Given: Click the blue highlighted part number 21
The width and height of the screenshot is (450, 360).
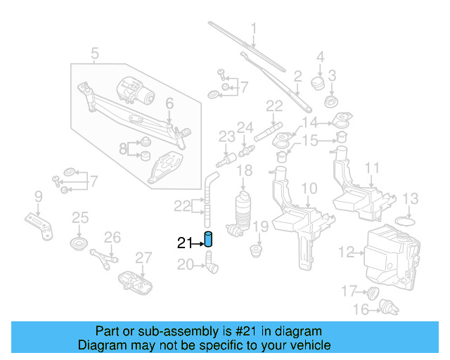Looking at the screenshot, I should click(208, 239).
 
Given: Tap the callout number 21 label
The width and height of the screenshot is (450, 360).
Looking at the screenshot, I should click(184, 243).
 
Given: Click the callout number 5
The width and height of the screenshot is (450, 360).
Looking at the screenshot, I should click(95, 52).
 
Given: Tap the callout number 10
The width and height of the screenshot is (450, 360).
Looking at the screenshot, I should click(309, 188).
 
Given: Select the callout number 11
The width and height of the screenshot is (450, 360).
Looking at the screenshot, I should click(372, 169).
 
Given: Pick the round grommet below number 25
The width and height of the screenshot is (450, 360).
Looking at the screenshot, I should click(79, 244).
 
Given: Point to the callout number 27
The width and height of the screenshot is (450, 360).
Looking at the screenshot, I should click(143, 257).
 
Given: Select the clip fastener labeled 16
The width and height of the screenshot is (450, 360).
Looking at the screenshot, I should click(385, 305).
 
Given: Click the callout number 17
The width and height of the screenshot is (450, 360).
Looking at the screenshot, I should click(349, 290).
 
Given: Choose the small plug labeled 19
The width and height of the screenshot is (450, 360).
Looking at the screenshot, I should click(256, 249).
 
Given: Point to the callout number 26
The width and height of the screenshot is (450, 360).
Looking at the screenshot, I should click(112, 237).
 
